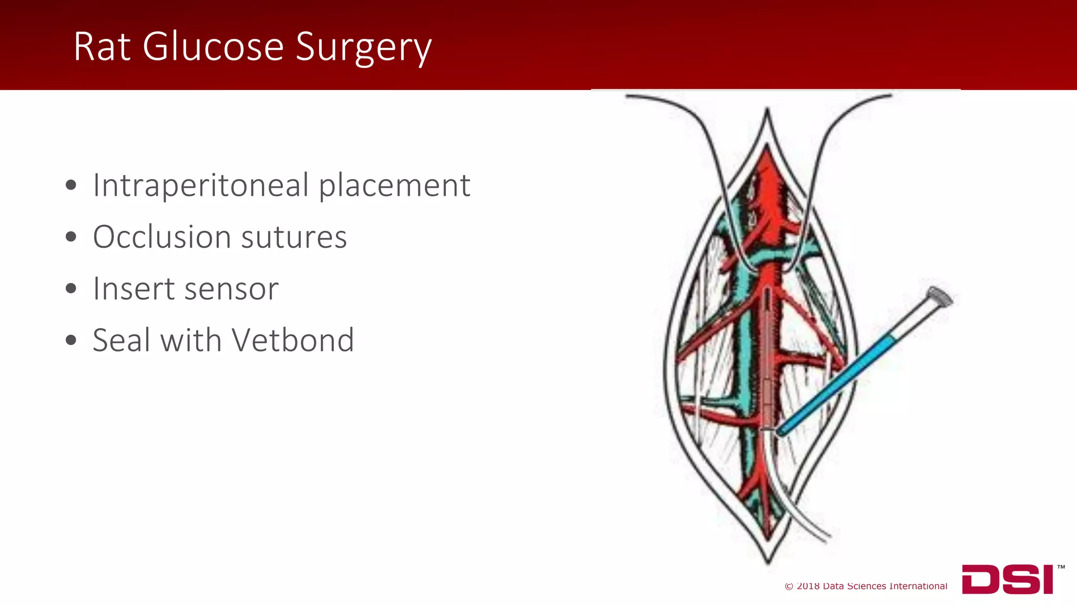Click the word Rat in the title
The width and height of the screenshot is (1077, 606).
pos(101,47)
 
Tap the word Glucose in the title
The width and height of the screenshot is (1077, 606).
pos(213,47)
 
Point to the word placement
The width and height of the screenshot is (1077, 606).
pos(394,186)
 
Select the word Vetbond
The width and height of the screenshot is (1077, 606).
pos(293,340)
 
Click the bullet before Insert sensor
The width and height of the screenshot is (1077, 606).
pos(71,289)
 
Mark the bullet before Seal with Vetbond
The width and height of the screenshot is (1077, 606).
pos(71,340)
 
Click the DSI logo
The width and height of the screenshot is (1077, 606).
pos(1007,579)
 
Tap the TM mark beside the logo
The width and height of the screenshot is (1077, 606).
pos(1061,567)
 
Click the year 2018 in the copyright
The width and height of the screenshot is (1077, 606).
pos(808,586)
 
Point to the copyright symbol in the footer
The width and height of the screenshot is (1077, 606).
pos(789,587)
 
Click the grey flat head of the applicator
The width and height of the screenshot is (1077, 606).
pos(940,296)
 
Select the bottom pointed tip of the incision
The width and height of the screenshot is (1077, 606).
pos(768,562)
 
